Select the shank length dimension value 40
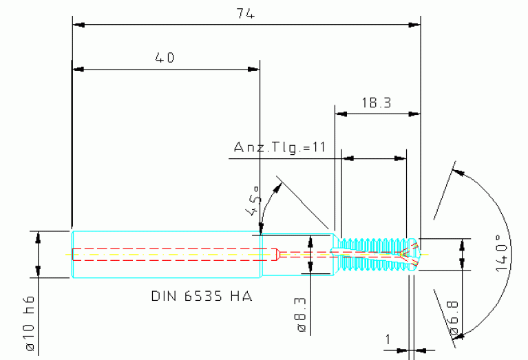point(164,59)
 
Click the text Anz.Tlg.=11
point(279,147)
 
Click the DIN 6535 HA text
point(201,297)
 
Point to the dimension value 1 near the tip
point(388,339)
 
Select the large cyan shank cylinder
point(166,254)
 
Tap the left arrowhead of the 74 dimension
point(78,25)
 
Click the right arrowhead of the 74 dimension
point(414,25)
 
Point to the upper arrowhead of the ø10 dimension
point(38,236)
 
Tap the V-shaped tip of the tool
point(411,253)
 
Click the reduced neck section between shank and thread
point(297,253)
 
